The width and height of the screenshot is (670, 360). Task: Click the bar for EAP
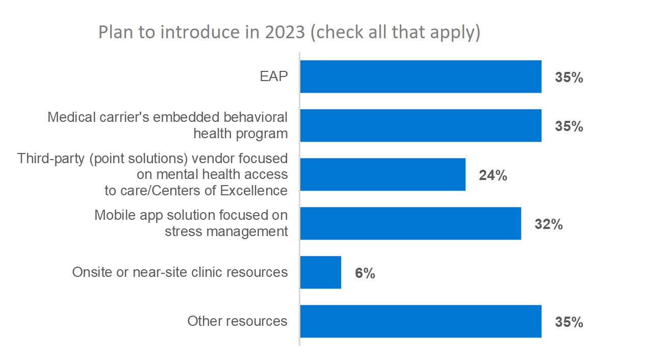point(421,76)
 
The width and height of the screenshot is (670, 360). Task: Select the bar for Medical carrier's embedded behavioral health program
point(421,125)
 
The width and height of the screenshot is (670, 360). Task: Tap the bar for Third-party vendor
point(382,174)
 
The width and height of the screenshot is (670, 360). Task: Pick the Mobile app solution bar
point(410,223)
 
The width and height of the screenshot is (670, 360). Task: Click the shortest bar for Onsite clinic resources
point(321,272)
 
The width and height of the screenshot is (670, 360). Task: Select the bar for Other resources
point(421,321)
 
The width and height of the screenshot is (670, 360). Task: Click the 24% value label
point(493,176)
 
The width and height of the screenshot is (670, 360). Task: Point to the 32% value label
point(549,225)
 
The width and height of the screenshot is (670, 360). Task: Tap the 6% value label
point(365,274)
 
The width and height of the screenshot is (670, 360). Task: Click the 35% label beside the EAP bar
point(569,78)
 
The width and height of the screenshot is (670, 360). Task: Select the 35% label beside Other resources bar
point(569,323)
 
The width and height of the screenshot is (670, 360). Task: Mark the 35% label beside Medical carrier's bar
point(569,127)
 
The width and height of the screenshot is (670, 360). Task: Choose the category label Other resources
point(237,321)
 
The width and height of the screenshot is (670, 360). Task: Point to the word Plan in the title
point(115,32)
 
